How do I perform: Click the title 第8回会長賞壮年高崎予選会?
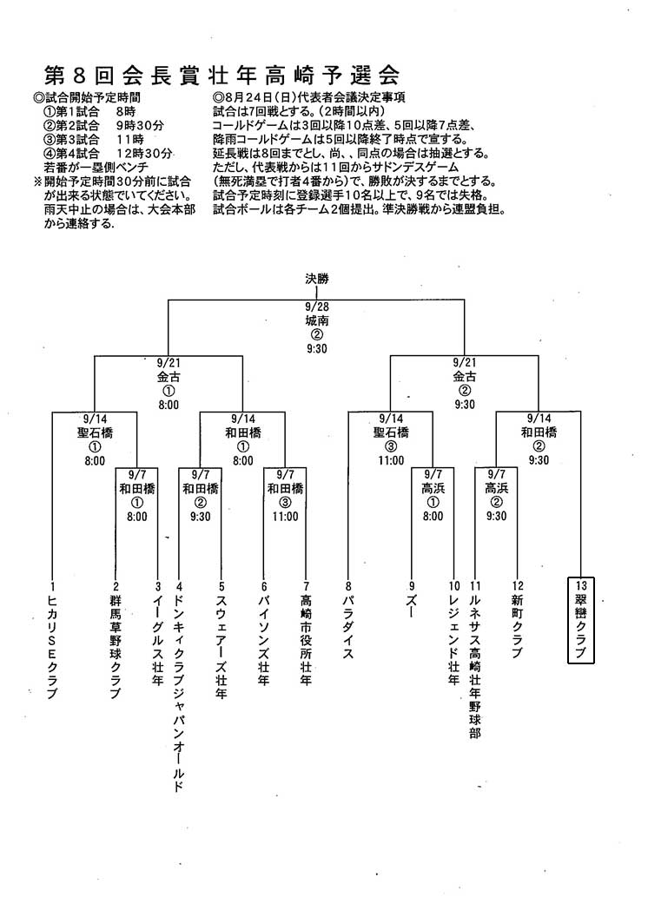point(222,76)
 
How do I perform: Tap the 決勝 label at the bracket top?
point(317,279)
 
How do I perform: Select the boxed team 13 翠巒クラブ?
point(581,620)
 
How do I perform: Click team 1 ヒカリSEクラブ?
point(52,640)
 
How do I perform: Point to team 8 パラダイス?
point(348,620)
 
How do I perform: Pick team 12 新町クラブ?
point(518,619)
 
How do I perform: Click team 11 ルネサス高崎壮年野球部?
point(475,659)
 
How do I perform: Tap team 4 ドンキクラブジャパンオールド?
point(179,686)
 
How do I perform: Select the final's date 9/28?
point(317,307)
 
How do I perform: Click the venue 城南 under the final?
point(317,320)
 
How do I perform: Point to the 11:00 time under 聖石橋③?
point(391,460)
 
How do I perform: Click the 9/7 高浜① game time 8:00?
point(433,516)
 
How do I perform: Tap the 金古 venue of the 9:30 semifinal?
point(465,377)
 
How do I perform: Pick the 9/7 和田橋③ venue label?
point(286,488)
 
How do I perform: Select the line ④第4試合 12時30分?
point(109,153)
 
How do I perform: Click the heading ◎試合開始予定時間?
point(87,97)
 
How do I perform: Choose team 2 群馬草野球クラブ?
point(116,640)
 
